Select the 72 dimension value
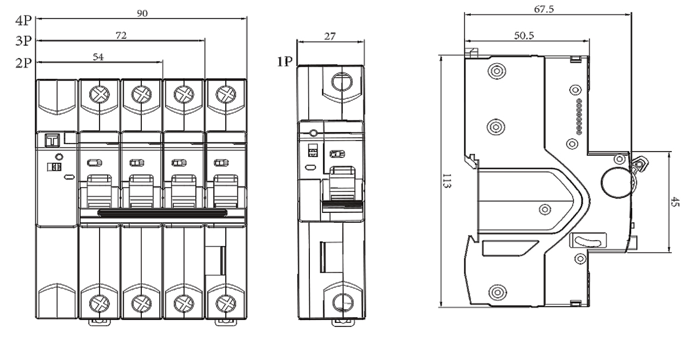tap(121, 35)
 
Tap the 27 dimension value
tap(330, 36)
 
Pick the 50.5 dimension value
tap(524, 35)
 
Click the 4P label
tap(24, 21)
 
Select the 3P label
tap(24, 42)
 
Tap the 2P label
tap(24, 63)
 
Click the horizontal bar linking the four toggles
tap(163, 212)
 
